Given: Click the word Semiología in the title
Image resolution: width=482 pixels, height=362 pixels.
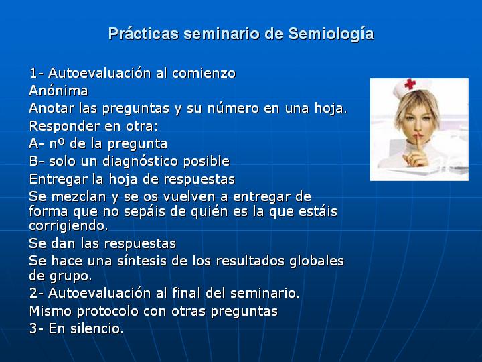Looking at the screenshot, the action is coord(331,34).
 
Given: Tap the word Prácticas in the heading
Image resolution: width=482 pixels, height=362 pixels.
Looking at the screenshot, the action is coord(143,34).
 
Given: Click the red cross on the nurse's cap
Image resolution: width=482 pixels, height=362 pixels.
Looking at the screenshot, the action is coord(410,84).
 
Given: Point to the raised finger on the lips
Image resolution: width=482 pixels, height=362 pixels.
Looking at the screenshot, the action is coord(418,145).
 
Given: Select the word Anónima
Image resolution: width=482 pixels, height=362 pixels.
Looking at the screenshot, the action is coord(58,90).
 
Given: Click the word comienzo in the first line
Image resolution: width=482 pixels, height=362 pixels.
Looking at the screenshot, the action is coord(204,73).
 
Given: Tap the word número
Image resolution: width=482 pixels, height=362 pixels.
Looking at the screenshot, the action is coord(233,108).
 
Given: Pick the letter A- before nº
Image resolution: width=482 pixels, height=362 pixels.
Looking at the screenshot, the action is coord(37,143).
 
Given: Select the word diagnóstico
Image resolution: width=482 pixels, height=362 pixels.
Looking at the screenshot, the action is coord(140,162).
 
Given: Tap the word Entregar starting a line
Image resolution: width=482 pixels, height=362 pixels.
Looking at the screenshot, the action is coord(58,180).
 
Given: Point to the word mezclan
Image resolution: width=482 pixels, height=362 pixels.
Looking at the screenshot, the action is coord(78,196).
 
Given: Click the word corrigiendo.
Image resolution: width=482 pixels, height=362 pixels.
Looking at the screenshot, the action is coord(68,226).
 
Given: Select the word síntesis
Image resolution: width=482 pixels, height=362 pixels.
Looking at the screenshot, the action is coord(143,261).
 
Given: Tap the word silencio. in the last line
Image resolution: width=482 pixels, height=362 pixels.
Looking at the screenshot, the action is coord(97,328).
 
